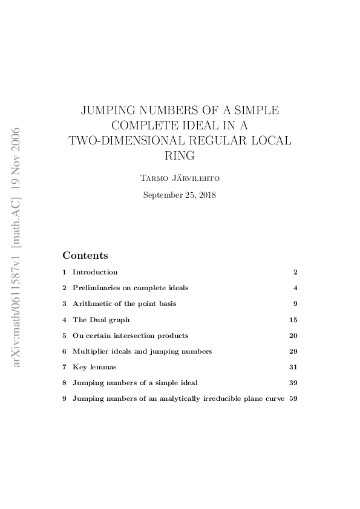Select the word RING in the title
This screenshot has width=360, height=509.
coord(180,155)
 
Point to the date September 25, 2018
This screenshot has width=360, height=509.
coord(180,195)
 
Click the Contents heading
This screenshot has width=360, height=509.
coord(85,255)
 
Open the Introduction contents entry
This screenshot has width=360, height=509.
coord(95,272)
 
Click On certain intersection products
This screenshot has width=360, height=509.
coord(130,335)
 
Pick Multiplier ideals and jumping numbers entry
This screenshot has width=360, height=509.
coord(142,351)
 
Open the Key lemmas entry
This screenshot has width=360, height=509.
coord(94,367)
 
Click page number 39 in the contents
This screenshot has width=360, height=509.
coord(293,383)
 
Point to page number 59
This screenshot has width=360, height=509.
coord(293,398)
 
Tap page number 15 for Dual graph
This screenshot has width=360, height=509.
coord(293,319)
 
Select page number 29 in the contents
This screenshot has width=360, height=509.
coord(293,351)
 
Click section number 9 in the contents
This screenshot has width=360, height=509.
coord(64,398)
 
